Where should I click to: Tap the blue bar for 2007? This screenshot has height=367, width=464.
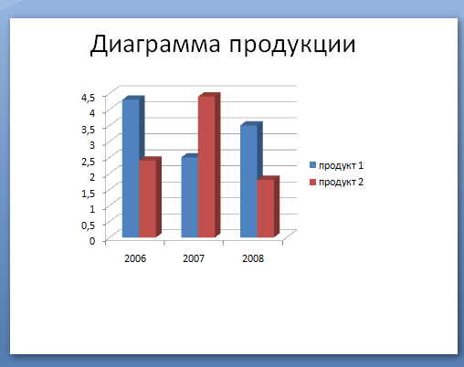190,196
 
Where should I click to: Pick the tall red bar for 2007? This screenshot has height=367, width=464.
207,166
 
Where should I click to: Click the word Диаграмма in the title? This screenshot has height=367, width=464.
155,45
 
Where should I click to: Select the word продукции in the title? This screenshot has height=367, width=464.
292,47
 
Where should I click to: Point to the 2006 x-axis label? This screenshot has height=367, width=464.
135,258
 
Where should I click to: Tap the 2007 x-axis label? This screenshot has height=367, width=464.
194,258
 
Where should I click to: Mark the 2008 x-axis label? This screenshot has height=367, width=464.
253,258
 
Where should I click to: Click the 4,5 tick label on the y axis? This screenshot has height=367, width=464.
89,98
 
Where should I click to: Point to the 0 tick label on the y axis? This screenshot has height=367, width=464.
92,241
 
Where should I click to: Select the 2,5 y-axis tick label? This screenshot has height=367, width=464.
89,162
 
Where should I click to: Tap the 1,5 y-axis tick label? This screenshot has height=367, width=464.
89,194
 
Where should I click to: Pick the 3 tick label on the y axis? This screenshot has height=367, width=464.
92,144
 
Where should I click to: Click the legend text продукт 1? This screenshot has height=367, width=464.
341,165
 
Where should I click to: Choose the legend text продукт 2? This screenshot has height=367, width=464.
341,183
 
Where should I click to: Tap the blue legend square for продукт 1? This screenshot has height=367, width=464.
312,165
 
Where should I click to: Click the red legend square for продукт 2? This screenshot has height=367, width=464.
312,182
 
